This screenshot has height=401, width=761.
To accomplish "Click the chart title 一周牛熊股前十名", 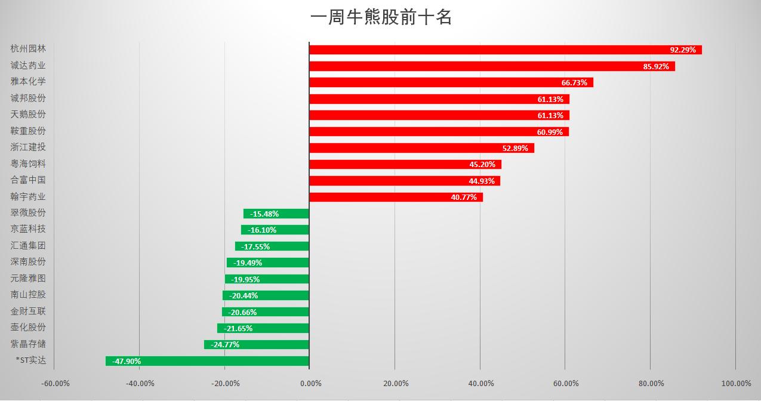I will pos(381,18).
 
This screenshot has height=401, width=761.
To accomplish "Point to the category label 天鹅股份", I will pos(28,114).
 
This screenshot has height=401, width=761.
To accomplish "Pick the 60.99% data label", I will pos(550,132).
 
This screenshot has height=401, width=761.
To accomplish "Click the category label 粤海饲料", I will pos(28,164).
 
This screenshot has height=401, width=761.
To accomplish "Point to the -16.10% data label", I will pos(263,230).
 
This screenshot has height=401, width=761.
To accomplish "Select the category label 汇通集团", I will pos(28,245).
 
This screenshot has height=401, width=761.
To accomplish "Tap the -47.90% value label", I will pos(127,361).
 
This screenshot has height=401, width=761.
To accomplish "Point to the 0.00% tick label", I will pos(309,383).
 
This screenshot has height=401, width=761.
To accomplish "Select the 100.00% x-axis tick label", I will pos(735,383).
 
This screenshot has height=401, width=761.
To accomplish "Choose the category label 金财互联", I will pos(28,311).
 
